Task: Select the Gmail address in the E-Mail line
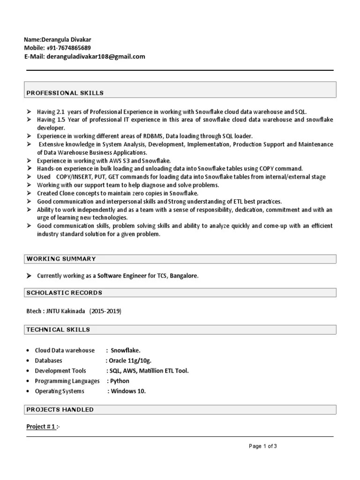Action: tap(96, 57)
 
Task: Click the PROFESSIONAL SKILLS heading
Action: tap(65, 93)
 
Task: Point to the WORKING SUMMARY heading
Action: tap(61, 259)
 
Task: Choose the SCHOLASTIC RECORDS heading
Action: tap(64, 292)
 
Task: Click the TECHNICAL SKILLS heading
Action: tap(58, 330)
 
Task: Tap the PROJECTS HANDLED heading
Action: tap(60, 410)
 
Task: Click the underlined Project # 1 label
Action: tap(41, 427)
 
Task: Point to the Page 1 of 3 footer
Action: tap(263, 446)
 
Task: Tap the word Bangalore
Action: tap(184, 276)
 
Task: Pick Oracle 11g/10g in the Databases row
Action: tap(130, 360)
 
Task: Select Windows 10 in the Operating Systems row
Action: tap(128, 391)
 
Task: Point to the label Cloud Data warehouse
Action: tap(65, 351)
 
